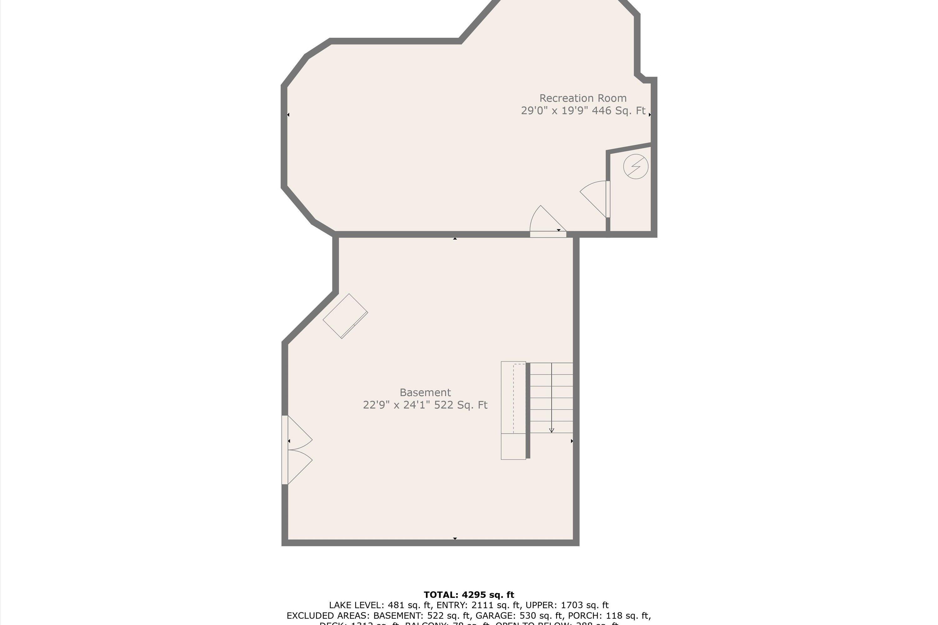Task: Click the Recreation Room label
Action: click(583, 98)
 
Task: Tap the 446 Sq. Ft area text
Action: click(618, 111)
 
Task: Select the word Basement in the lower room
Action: click(425, 392)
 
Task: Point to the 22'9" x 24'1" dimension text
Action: click(396, 405)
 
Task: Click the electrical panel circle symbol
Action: click(636, 166)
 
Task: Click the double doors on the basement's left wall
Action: click(297, 450)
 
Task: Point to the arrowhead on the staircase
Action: click(552, 430)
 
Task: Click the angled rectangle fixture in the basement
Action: click(345, 316)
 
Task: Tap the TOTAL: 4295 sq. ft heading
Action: click(469, 595)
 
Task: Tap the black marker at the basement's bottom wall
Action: click(455, 538)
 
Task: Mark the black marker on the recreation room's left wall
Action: click(288, 115)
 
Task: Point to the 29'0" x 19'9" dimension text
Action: click(555, 111)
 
